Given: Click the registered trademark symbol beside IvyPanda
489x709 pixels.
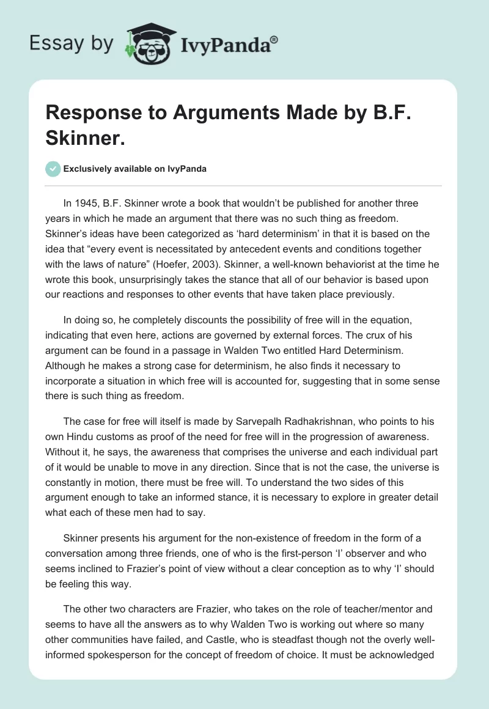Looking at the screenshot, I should (274, 39).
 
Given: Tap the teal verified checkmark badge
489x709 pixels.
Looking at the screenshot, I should (53, 169).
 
